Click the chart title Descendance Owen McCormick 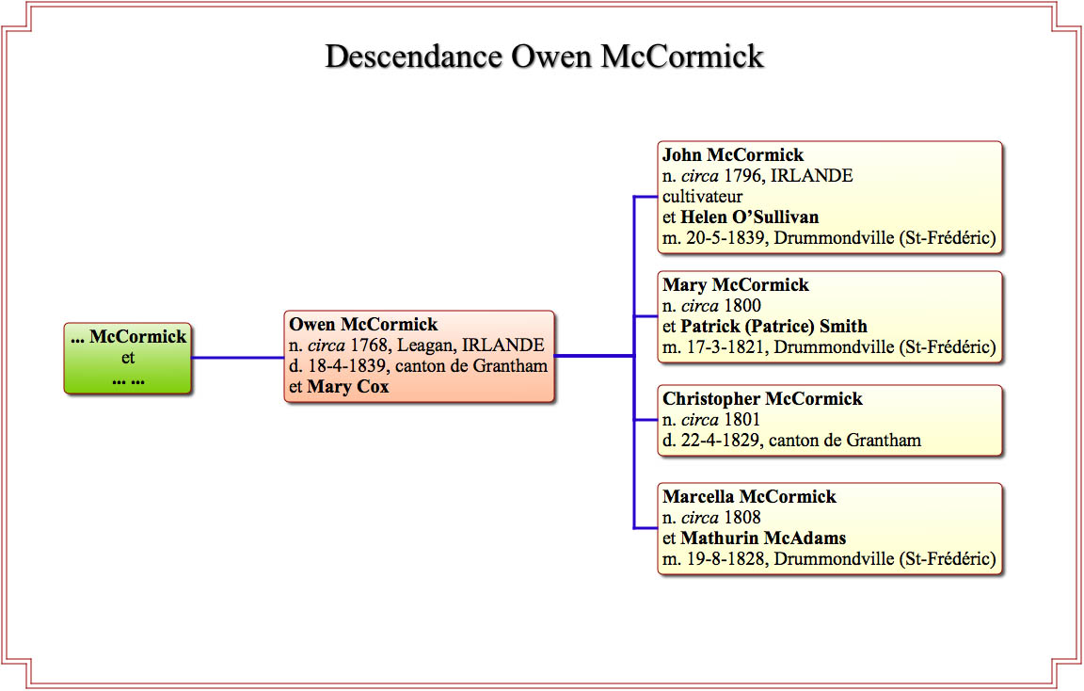pos(544,56)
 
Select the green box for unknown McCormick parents pos(128,359)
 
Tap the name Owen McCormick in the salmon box pos(363,325)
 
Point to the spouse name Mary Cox pos(348,387)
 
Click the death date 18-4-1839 pos(347,366)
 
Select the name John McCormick pos(733,155)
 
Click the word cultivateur pos(702,197)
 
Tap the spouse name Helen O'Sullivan pos(750,217)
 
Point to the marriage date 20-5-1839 pos(725,238)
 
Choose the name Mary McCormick pos(736,285)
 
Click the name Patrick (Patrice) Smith pos(774,327)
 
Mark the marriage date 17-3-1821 pos(725,347)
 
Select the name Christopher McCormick pos(762,399)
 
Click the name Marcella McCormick pos(749,497)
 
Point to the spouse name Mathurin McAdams pos(763,538)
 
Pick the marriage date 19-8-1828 pos(725,559)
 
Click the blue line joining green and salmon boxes pos(238,358)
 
